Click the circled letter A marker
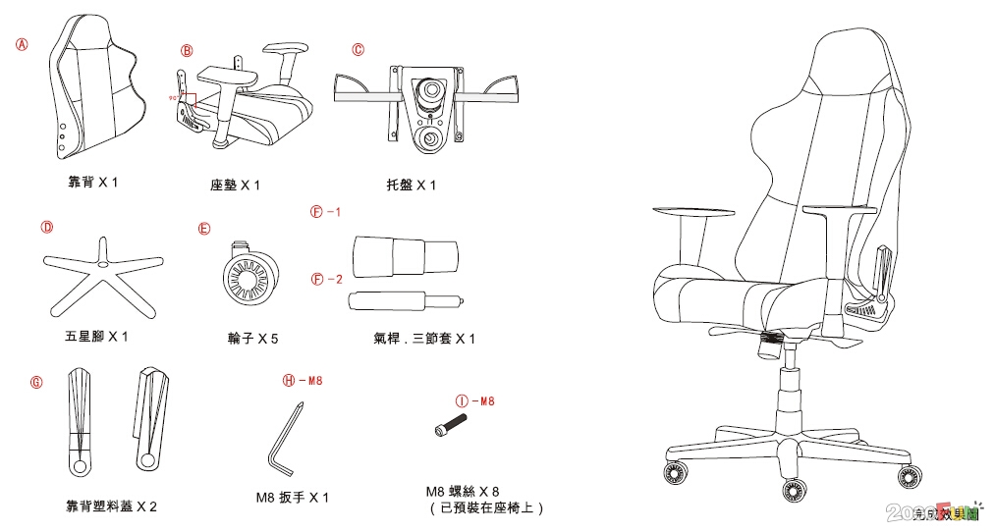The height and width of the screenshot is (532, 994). click(22, 44)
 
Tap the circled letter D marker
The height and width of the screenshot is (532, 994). click(46, 227)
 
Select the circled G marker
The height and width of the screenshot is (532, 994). click(37, 382)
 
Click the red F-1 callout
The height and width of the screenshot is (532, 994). click(325, 212)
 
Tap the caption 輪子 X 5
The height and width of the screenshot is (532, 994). click(252, 339)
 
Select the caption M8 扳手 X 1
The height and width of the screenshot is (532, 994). click(292, 498)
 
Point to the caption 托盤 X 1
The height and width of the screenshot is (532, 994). click(412, 185)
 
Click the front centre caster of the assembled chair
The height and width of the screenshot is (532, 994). click(793, 489)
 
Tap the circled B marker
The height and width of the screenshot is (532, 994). click(187, 50)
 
